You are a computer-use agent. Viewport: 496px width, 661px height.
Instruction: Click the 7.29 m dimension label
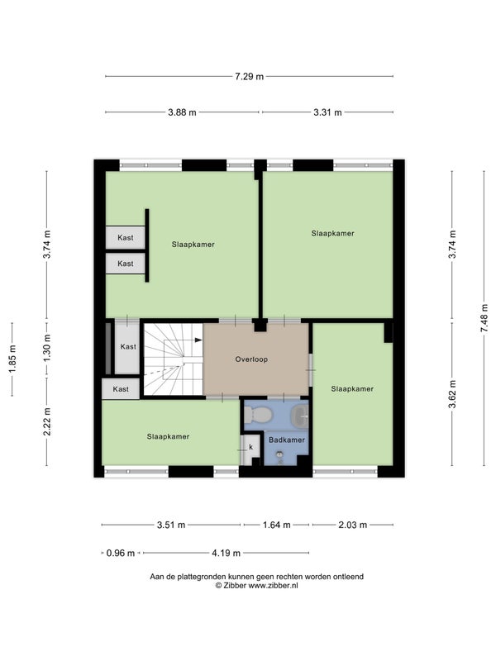tap(250, 76)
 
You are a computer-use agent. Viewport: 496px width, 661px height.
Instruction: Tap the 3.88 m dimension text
tap(182, 112)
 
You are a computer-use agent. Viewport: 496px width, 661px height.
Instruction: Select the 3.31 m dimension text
tap(327, 112)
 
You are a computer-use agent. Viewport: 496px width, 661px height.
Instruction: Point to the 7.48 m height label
tap(484, 318)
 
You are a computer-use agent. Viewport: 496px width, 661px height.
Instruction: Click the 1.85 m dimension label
tap(12, 359)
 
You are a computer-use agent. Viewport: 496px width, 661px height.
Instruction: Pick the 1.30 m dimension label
tap(47, 348)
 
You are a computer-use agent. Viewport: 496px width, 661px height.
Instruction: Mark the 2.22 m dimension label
tap(47, 421)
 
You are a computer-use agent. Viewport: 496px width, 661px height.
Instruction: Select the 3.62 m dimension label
tap(452, 394)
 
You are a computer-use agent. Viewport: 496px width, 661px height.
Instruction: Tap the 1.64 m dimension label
tap(277, 525)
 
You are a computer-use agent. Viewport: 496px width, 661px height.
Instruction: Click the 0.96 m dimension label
tap(121, 553)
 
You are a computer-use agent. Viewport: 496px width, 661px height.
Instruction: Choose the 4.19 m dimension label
tap(226, 553)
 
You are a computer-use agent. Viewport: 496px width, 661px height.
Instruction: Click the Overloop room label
tap(251, 359)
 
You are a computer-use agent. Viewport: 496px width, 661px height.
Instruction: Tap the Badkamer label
tap(287, 440)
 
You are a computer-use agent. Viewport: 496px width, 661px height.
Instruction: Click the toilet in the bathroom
tap(257, 415)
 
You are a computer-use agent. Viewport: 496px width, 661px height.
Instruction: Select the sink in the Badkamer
tap(300, 416)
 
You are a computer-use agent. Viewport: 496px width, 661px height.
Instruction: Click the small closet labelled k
tap(250, 449)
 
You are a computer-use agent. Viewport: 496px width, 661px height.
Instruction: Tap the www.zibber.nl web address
tap(273, 585)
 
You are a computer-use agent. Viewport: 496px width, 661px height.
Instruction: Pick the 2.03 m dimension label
tap(353, 525)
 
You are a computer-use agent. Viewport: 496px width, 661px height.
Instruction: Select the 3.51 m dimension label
tap(171, 525)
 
